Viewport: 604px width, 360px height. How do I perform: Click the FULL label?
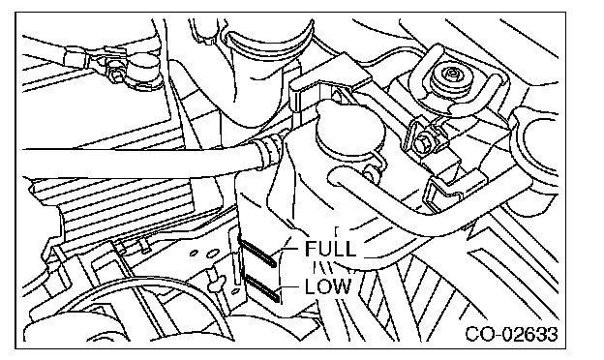330,249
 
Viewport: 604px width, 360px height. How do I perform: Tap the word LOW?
328,286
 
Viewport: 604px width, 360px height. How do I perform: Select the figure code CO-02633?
511,334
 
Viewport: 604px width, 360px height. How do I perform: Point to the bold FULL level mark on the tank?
257,252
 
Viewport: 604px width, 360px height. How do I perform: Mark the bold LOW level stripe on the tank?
261,286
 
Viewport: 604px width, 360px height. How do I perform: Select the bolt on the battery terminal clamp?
114,75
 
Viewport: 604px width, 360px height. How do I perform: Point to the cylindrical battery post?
143,70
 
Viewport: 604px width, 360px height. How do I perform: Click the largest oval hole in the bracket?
213,254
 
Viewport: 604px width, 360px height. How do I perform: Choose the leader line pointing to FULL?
288,250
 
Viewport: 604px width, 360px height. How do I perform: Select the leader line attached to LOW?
290,287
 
